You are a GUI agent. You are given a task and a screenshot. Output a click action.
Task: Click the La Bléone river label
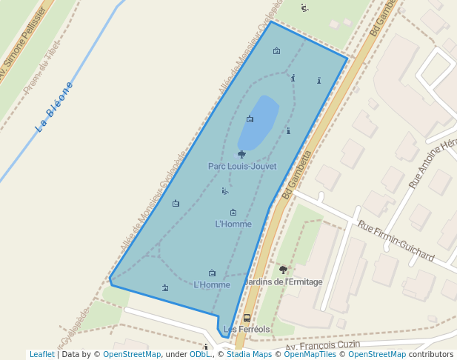55,107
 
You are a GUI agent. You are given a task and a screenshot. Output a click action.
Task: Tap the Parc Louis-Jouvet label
242,167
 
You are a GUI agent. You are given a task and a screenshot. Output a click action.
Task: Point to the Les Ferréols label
247,329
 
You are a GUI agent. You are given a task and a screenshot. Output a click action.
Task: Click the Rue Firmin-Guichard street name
396,241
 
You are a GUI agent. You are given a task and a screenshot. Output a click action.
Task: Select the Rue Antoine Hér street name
433,163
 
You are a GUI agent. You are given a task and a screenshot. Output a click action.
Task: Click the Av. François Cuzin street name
323,346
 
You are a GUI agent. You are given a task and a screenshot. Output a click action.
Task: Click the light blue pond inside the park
261,122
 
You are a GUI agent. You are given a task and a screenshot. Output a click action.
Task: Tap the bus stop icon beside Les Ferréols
247,319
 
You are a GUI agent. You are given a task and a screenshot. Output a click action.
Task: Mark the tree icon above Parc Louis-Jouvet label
241,154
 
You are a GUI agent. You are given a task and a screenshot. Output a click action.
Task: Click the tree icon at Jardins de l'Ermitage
283,270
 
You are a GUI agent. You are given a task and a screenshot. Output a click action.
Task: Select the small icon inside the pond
250,119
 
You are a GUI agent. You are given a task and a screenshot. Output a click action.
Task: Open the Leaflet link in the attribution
42,355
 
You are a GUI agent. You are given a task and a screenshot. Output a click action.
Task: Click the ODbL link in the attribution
200,355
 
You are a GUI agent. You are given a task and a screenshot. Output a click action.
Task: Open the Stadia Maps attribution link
249,355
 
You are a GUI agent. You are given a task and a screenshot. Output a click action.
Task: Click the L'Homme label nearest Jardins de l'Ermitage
212,284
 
